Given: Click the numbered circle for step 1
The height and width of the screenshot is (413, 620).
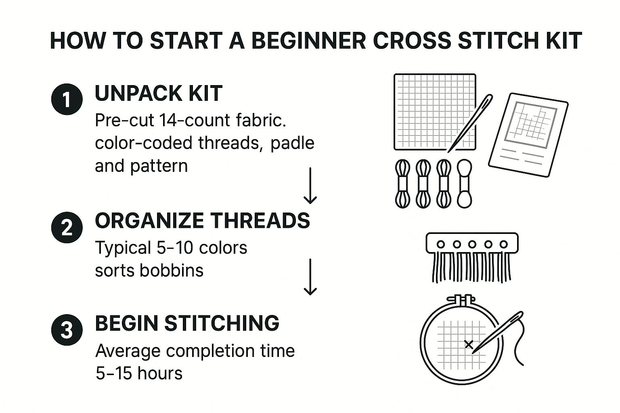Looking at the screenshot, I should click(x=67, y=99).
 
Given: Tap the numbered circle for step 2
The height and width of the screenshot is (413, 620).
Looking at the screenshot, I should click(x=67, y=228).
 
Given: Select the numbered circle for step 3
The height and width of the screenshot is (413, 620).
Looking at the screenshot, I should click(x=67, y=330).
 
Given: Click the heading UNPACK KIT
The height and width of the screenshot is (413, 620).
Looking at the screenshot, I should click(x=158, y=94).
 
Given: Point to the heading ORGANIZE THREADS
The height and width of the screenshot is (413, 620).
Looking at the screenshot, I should click(x=202, y=221).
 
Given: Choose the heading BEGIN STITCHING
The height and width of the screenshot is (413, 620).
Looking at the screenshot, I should click(x=187, y=323).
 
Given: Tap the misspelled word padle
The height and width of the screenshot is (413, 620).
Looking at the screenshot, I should click(x=292, y=143).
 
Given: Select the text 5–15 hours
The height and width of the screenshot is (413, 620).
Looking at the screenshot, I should click(x=139, y=373).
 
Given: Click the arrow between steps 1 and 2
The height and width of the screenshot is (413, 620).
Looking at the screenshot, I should click(x=310, y=185).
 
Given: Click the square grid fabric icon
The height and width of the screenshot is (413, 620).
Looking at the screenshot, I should click(x=434, y=111).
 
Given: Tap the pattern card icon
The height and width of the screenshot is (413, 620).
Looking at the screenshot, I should click(x=528, y=135).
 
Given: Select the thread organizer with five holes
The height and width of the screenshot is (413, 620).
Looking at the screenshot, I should click(x=472, y=256).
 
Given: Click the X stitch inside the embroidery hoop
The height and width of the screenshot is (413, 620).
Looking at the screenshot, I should click(x=469, y=344).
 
